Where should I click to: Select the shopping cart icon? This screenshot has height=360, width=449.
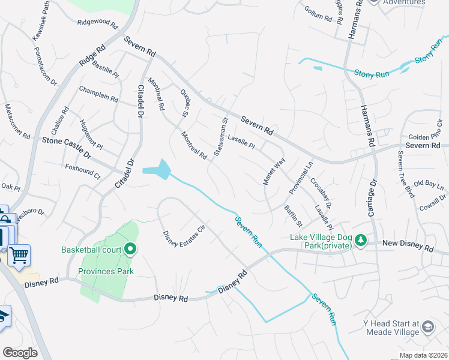coord(19,256)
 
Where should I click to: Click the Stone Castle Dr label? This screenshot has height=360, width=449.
coord(65,148)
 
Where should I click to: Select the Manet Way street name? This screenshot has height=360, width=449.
coord(274,172)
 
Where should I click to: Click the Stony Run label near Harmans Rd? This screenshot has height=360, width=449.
coord(372,74)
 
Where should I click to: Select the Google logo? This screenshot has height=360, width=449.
coord(20,353)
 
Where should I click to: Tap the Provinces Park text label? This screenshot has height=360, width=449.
coord(106,271)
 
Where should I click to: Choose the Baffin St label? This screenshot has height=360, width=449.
coord(293,216)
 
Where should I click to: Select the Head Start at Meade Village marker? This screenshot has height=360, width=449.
coord(428,326)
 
